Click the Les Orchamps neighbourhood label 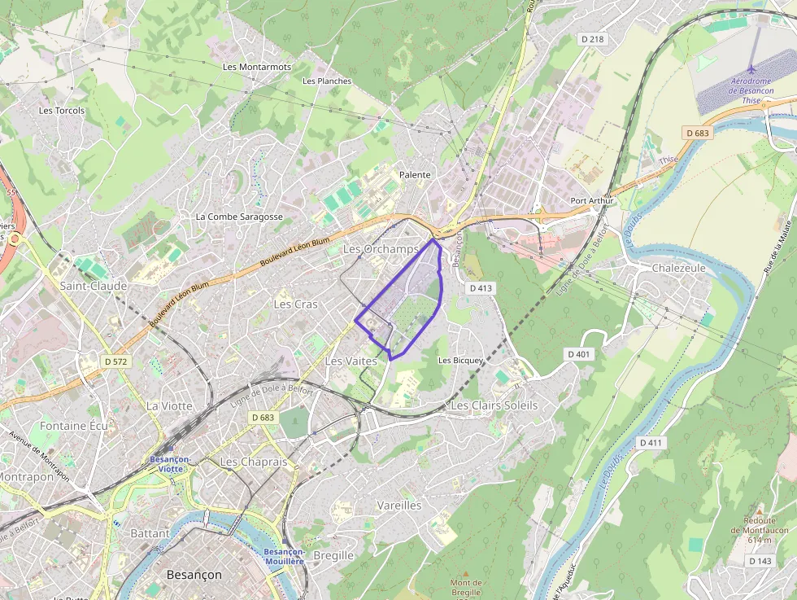tap(381, 248)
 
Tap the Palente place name tap(415, 175)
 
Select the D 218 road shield tap(593, 39)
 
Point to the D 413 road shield tap(481, 288)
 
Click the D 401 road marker tap(577, 353)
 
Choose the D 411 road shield tap(651, 442)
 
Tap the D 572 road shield tap(116, 361)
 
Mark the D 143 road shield tap(760, 561)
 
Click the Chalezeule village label tap(679, 268)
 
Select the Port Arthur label tap(590, 201)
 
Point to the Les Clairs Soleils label tap(494, 405)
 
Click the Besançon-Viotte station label tap(171, 464)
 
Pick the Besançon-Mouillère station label tap(284, 556)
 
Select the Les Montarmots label tap(256, 67)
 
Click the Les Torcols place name tap(62, 111)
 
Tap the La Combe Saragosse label tap(239, 217)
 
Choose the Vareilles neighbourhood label tap(399, 505)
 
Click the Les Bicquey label tap(461, 360)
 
